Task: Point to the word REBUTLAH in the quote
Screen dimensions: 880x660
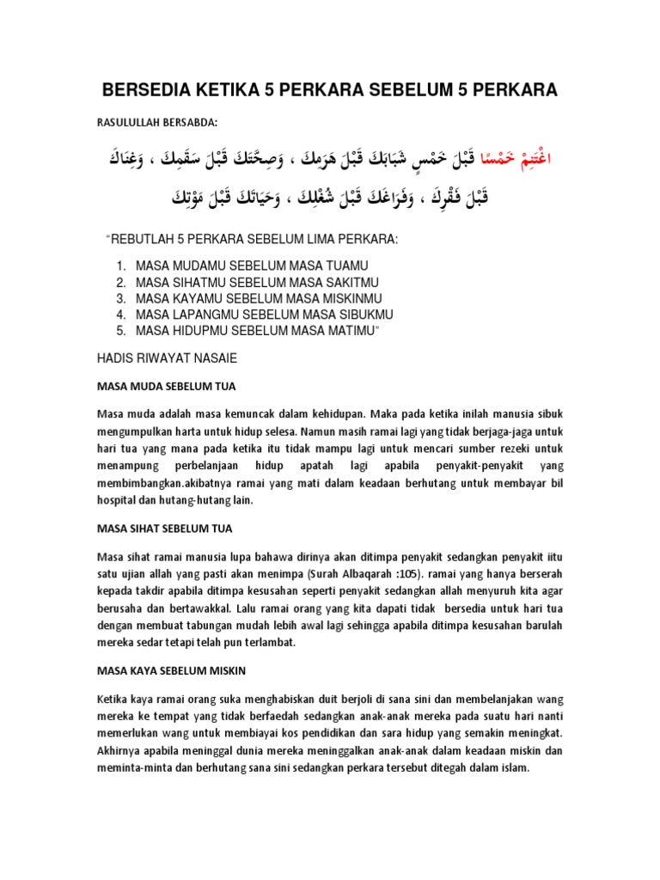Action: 148,237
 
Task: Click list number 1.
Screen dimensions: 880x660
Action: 121,266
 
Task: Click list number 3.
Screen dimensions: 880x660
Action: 121,298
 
